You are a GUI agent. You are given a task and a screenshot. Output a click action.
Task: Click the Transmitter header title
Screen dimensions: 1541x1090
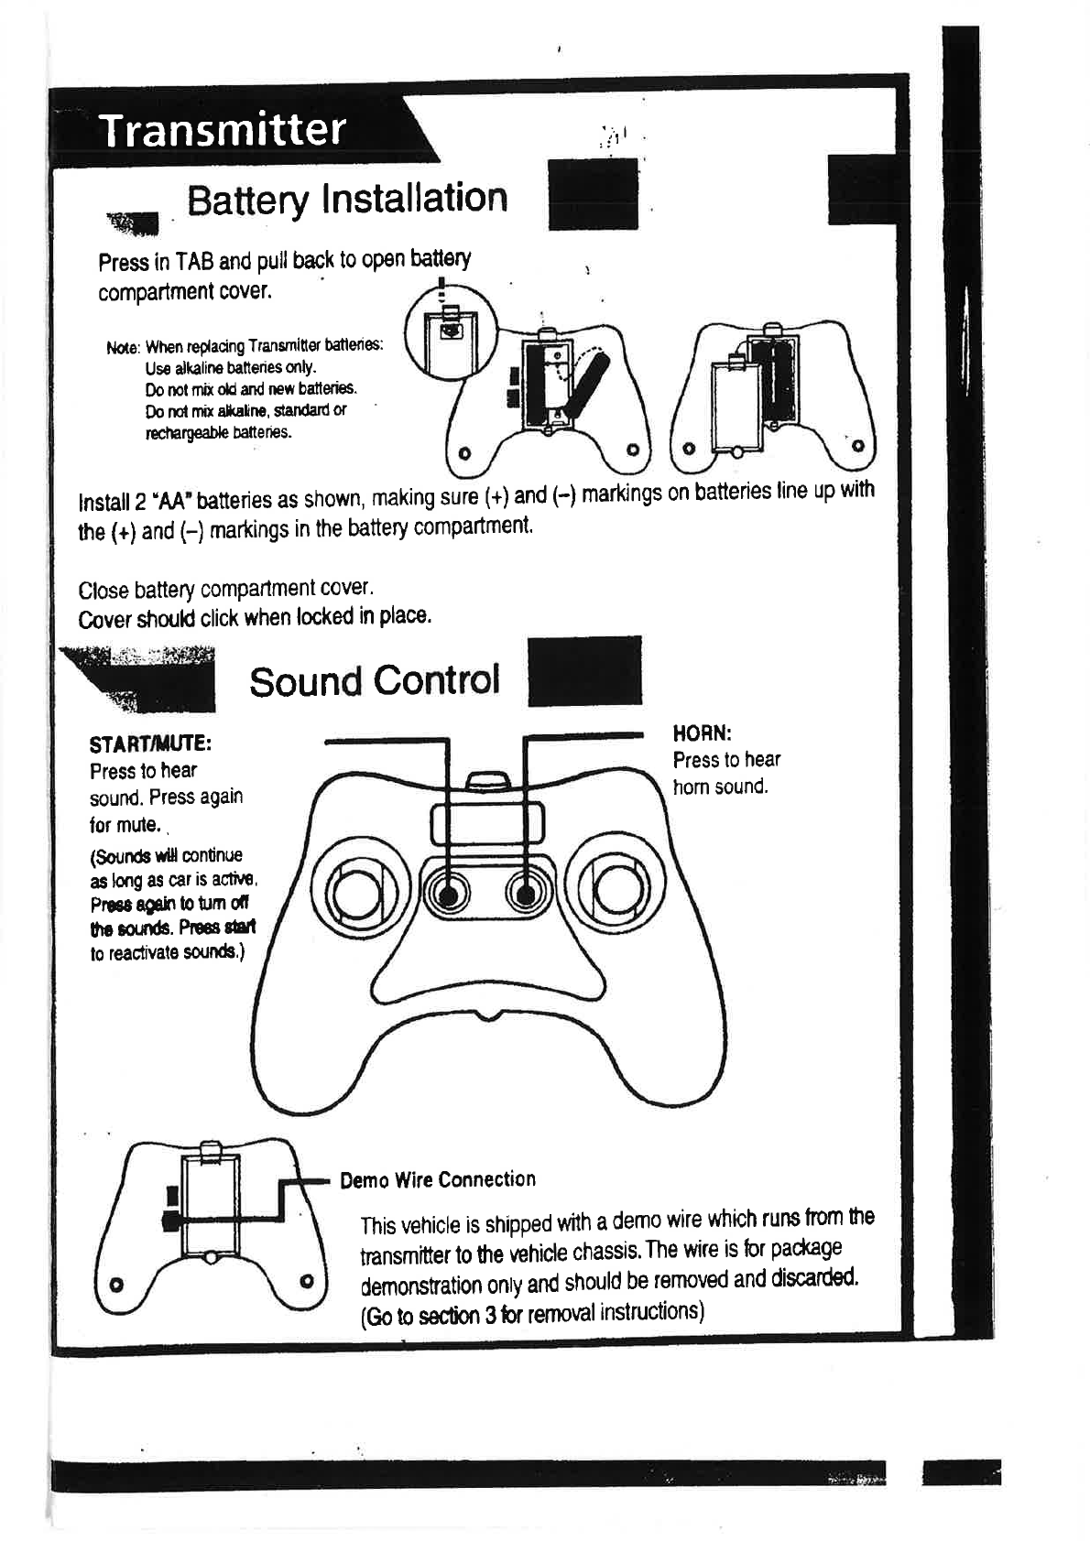223,129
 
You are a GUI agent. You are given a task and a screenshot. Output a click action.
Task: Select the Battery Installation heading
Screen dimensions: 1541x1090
347,199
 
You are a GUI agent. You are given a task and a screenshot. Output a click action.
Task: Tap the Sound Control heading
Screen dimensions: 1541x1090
375,680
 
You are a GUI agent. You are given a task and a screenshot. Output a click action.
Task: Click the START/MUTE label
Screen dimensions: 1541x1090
151,741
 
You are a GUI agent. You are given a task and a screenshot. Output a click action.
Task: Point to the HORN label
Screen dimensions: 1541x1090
702,733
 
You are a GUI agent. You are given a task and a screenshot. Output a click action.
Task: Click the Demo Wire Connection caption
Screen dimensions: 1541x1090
438,1179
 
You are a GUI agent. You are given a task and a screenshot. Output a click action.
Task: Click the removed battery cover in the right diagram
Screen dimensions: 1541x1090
736,406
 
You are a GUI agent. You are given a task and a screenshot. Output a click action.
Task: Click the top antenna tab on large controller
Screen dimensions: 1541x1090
488,781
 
